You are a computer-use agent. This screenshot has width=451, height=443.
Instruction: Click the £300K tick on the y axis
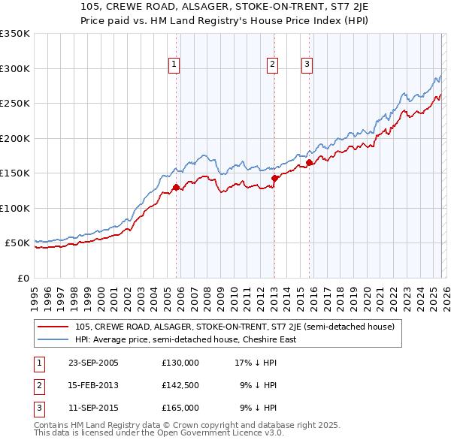pyautogui.click(x=15, y=68)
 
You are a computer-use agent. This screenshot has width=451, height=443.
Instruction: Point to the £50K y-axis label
pyautogui.click(x=17, y=243)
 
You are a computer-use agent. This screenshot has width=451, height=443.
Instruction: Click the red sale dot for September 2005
pyautogui.click(x=177, y=187)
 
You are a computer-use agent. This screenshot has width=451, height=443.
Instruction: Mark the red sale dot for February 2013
pyautogui.click(x=275, y=178)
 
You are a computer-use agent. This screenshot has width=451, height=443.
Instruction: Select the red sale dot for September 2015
pyautogui.click(x=309, y=162)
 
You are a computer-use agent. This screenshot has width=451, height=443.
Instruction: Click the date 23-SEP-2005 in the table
pyautogui.click(x=92, y=363)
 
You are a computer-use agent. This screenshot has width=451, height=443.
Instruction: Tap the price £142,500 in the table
pyautogui.click(x=180, y=385)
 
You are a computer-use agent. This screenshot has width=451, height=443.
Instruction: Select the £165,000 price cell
pyautogui.click(x=180, y=408)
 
